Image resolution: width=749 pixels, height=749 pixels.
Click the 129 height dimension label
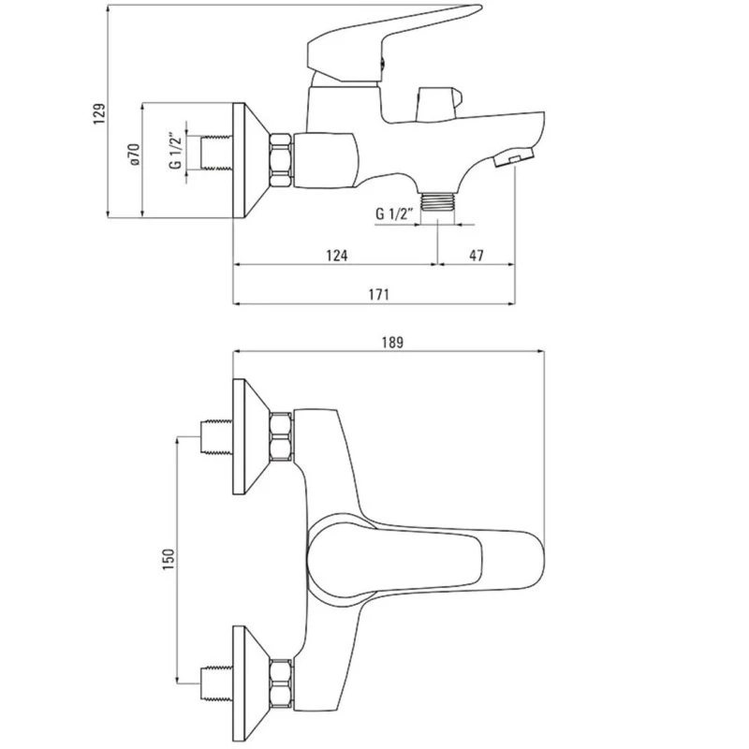click(x=99, y=113)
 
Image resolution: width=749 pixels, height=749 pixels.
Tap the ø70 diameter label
click(x=134, y=154)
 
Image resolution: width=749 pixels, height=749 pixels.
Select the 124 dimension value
click(x=337, y=256)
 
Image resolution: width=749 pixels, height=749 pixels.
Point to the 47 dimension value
click(x=477, y=256)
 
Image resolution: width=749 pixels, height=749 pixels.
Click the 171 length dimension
click(x=378, y=294)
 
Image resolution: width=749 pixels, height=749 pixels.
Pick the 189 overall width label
click(x=392, y=343)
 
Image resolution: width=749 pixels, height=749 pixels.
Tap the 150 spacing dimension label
click(x=169, y=559)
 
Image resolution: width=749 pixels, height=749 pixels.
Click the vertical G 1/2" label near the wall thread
click(x=176, y=151)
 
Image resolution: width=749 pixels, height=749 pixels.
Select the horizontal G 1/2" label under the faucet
click(x=393, y=213)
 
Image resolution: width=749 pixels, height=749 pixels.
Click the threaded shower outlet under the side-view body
click(x=438, y=201)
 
